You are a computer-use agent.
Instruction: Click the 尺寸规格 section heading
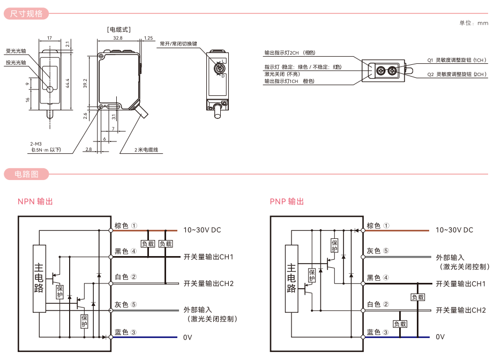click(26, 14)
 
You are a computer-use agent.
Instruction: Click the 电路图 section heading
click(26, 174)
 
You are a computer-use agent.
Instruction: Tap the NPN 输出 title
click(35, 201)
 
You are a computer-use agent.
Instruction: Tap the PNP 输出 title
click(287, 201)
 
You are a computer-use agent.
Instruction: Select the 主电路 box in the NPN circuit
click(39, 279)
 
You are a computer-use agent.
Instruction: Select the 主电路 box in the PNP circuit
click(291, 279)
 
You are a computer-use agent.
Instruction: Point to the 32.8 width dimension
click(118, 39)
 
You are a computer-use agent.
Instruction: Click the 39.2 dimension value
click(85, 83)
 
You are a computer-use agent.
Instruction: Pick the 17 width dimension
click(49, 39)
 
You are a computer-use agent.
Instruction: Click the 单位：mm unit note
click(474, 23)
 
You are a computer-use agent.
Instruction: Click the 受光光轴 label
click(16, 51)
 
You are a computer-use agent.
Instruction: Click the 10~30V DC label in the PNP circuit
click(454, 230)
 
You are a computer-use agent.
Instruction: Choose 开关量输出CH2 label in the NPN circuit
click(208, 283)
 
